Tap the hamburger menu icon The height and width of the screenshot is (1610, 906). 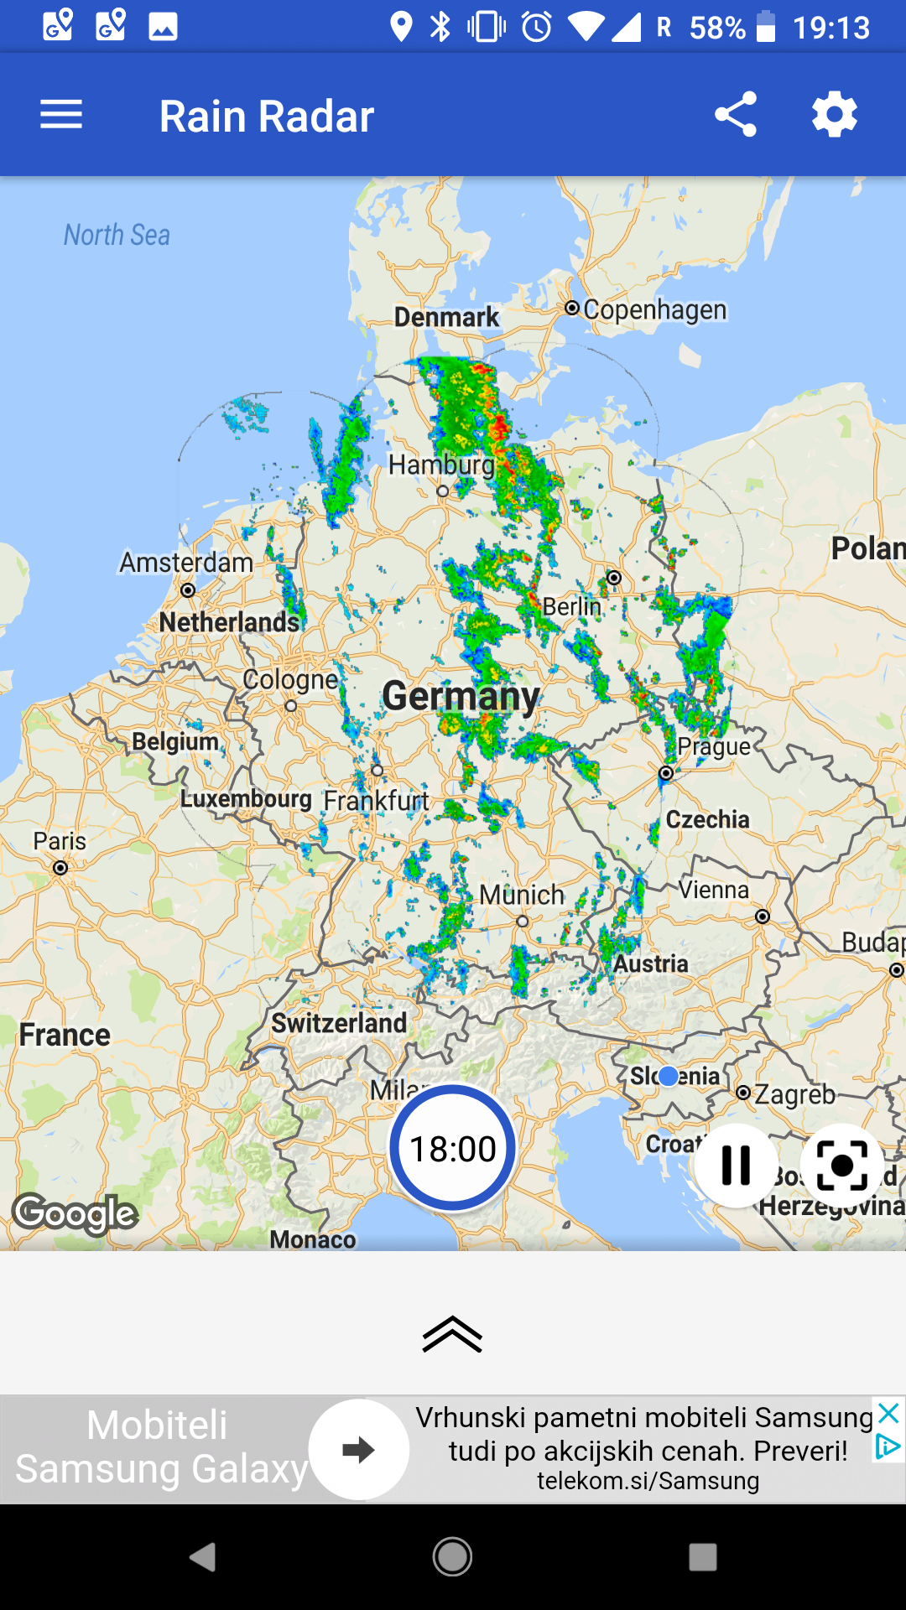61,115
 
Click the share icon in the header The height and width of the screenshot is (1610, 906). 736,115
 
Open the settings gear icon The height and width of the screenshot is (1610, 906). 835,115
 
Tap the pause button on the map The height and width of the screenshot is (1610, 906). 736,1165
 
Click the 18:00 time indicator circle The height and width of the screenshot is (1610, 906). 453,1148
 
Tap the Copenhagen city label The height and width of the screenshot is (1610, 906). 654,309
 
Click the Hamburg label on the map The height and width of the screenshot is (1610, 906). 441,464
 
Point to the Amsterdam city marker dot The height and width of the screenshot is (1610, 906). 188,590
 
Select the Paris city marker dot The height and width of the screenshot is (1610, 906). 60,868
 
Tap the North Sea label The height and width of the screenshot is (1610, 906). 117,235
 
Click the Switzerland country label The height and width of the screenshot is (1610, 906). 339,1023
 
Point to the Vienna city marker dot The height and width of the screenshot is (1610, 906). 763,917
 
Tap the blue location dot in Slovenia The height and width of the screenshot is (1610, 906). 669,1076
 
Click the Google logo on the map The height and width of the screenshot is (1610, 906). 75,1213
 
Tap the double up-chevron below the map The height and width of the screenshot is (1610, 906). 452,1334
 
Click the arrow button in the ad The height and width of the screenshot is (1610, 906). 359,1449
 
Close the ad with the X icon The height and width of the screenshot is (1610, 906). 889,1413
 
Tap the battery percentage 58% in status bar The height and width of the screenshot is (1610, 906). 717,28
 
